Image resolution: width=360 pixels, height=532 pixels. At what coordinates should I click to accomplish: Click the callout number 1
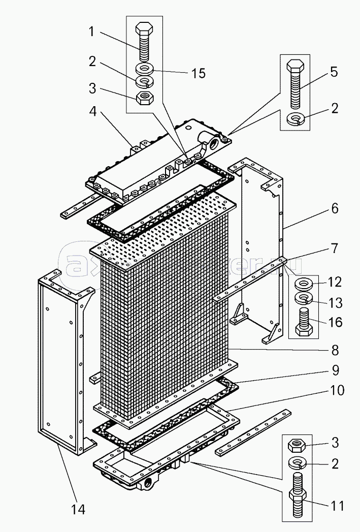pyautogui.click(x=91, y=32)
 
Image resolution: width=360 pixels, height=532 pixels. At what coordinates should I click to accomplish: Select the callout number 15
pyautogui.click(x=199, y=74)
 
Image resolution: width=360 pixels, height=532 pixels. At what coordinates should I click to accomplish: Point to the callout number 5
pyautogui.click(x=334, y=72)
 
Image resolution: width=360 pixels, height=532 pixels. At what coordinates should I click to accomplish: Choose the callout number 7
pyautogui.click(x=334, y=248)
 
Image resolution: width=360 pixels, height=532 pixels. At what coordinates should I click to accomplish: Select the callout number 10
pyautogui.click(x=337, y=390)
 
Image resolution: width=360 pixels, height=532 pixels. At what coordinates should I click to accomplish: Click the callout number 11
pyautogui.click(x=337, y=506)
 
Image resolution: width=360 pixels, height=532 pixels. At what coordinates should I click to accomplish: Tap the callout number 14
pyautogui.click(x=78, y=509)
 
